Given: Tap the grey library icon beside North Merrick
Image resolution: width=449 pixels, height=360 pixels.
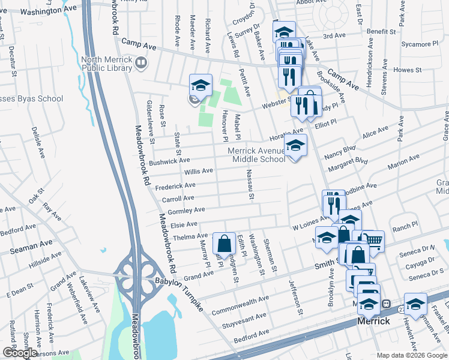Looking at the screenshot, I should pos(141,62).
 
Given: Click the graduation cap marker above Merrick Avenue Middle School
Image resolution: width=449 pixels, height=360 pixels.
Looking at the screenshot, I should pos(295,146).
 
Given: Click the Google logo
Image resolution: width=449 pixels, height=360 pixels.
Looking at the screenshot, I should pos(19,353).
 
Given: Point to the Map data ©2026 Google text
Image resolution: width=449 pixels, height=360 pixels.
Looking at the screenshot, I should pos(411,355).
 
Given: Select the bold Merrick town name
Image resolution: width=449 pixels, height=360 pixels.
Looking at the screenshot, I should pos(374,321).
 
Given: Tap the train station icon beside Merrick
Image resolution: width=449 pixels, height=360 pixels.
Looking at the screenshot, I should pos(387,304).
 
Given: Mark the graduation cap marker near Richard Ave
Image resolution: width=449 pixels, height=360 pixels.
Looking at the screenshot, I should pos(201,85).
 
